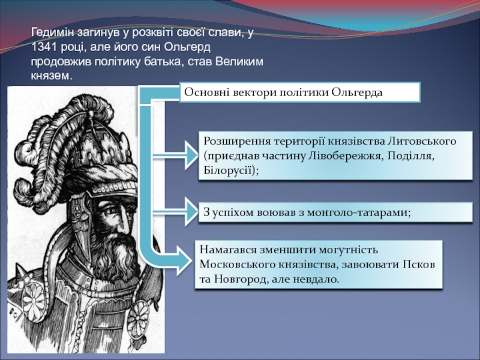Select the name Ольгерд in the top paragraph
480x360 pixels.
coord(187,47)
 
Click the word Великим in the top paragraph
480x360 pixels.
coord(239,62)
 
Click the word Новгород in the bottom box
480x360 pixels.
coord(240,279)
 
